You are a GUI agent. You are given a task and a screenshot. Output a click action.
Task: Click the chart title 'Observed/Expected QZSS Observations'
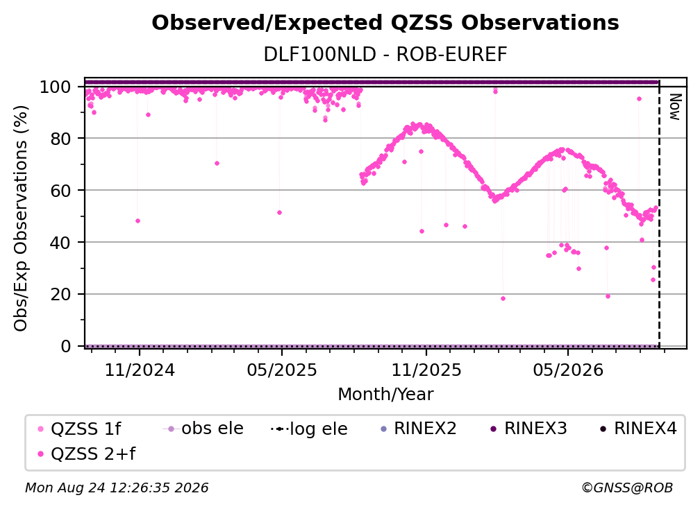point(385,23)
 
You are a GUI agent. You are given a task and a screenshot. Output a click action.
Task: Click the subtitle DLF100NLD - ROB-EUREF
point(385,55)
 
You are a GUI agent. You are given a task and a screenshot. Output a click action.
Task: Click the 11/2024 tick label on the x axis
point(140,370)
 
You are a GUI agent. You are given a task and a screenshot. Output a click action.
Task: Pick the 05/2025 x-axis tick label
point(282,370)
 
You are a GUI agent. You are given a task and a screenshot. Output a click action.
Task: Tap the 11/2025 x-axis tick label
point(426,370)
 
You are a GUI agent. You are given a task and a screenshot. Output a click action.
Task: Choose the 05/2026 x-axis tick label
point(568,370)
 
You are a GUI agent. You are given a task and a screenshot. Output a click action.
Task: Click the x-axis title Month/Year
point(385,395)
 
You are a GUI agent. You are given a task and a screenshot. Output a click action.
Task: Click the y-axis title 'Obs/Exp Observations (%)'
point(21,218)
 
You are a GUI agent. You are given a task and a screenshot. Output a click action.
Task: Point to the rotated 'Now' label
point(674,107)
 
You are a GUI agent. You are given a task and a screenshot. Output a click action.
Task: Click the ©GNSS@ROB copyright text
point(627,488)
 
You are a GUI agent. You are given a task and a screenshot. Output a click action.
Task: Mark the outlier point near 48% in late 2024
point(137,221)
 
